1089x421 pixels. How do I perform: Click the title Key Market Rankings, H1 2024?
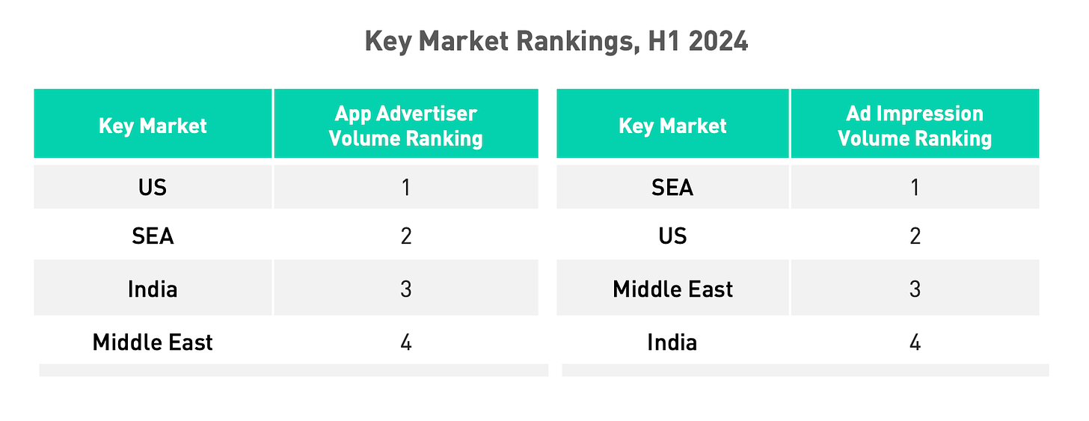coord(556,42)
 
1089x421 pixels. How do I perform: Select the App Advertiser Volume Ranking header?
coord(405,126)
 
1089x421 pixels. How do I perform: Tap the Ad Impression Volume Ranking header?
coord(914,126)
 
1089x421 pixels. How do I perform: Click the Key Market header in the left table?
coord(153,126)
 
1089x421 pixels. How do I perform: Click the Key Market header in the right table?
coord(672,126)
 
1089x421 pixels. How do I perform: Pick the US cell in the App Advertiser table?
coord(153,187)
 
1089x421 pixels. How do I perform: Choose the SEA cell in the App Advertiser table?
coord(153,237)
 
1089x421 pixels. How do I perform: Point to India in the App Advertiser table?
coord(153,289)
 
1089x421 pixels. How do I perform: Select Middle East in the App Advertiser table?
coord(153,342)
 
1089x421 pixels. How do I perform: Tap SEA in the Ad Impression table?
coord(672,187)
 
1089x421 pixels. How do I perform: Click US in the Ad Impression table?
coord(672,237)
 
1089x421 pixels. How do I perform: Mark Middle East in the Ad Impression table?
coord(672,289)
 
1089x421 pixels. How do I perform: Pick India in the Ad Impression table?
coord(672,342)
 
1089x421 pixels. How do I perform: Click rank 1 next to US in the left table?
coord(405,187)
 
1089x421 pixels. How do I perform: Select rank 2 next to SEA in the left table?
coord(405,237)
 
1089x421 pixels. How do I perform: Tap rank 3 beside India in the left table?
coord(405,289)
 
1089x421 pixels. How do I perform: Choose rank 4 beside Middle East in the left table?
coord(405,342)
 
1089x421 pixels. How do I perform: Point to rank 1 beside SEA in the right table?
coord(914,187)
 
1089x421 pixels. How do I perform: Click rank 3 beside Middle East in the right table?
coord(914,289)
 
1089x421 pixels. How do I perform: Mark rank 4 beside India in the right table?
coord(914,342)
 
